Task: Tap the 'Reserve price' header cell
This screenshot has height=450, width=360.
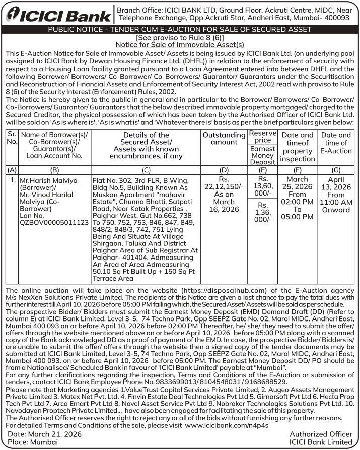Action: pyautogui.click(x=263, y=136)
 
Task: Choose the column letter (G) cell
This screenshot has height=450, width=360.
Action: pyautogui.click(x=336, y=170)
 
